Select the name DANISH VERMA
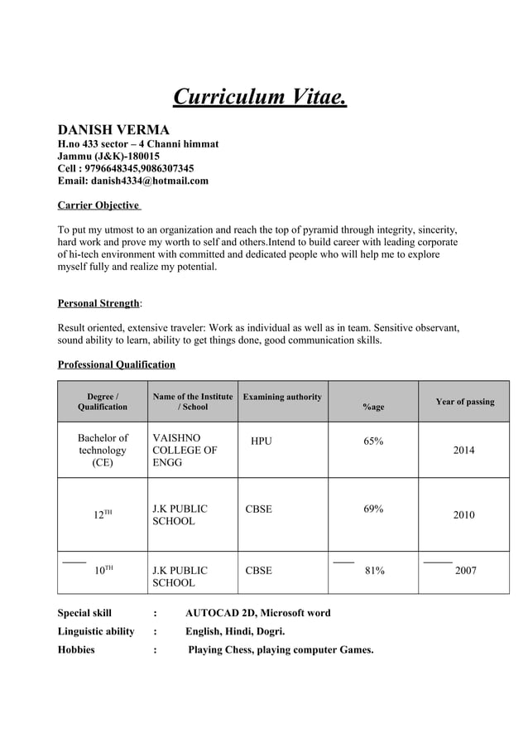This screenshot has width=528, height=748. coord(113,129)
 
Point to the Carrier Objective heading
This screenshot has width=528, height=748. coord(98,205)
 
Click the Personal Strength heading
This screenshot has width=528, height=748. coord(98,303)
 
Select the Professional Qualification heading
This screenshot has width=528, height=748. coord(116,364)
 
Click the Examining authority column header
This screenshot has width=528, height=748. coord(282,397)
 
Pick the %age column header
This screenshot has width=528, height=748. coord(373,407)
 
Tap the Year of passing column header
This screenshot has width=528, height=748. coord(464,402)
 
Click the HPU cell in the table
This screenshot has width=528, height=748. coord(261,442)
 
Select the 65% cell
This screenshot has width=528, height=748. coord(373,442)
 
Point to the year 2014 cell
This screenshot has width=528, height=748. coord(463,451)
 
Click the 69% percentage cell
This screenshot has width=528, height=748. coord(373,509)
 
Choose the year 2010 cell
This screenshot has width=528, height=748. coord(463,515)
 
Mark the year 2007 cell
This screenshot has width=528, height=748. coord(466,571)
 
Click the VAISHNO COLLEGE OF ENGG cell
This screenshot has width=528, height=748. coord(185,450)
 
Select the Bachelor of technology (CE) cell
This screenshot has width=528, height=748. coord(103,450)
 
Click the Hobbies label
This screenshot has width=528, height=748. coord(75,649)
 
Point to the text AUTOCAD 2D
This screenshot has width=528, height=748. coord(218,613)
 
